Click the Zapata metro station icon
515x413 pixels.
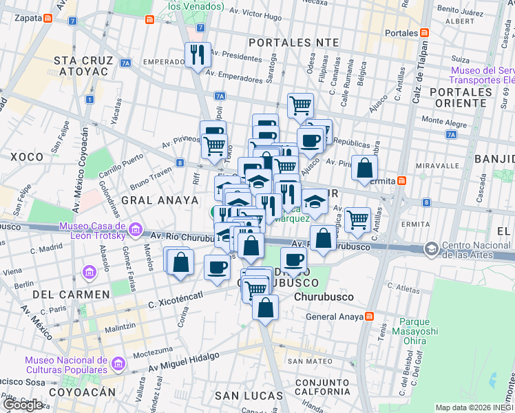47,20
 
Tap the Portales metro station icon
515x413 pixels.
425,32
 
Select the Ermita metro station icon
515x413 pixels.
403,180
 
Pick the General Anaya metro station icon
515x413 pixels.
370,317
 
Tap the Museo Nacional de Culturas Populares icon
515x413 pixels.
116,363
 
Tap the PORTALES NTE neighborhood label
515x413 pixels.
294,43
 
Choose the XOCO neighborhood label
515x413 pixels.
27,157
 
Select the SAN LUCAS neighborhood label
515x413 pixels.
249,396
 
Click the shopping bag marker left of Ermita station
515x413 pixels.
364,168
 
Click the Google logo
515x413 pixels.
22,405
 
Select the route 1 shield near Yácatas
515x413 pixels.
90,99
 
